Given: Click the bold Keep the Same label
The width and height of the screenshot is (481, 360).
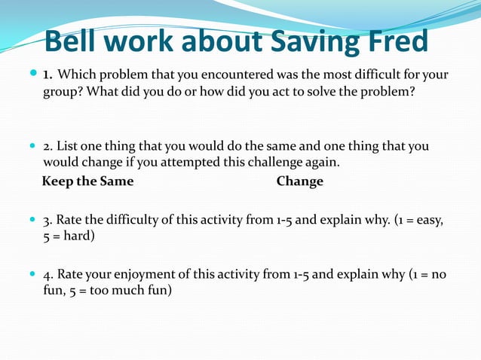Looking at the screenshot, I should click(87, 182).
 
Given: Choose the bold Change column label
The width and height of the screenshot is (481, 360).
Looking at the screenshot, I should click(299, 182).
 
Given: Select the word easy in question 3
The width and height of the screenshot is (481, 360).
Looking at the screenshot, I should click(427, 221).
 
